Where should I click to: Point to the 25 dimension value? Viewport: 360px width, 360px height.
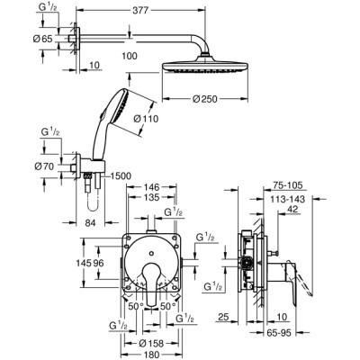pos(221,317)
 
